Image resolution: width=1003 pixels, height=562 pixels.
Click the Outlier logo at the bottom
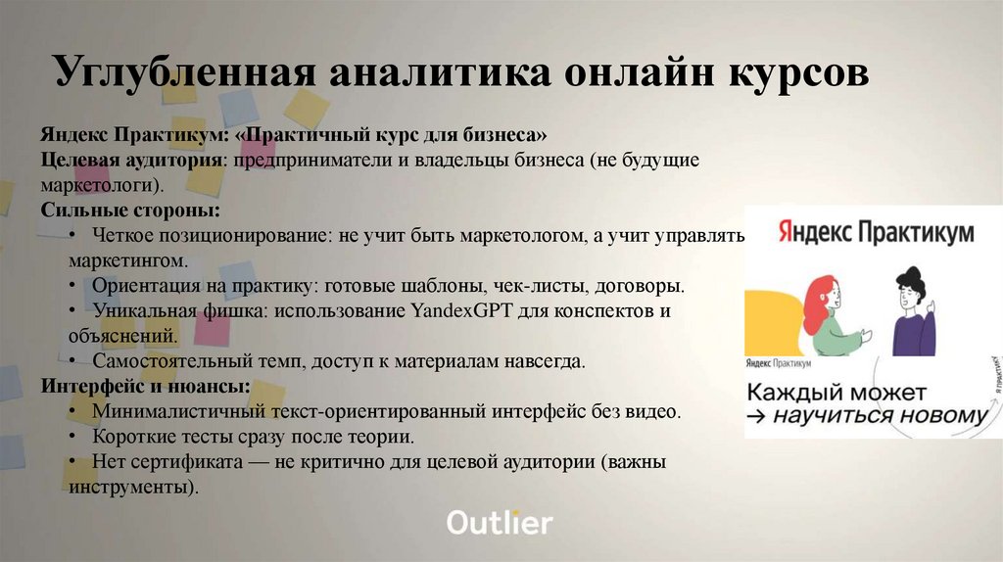tap(500, 523)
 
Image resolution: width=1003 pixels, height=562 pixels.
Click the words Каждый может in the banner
tap(836, 393)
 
